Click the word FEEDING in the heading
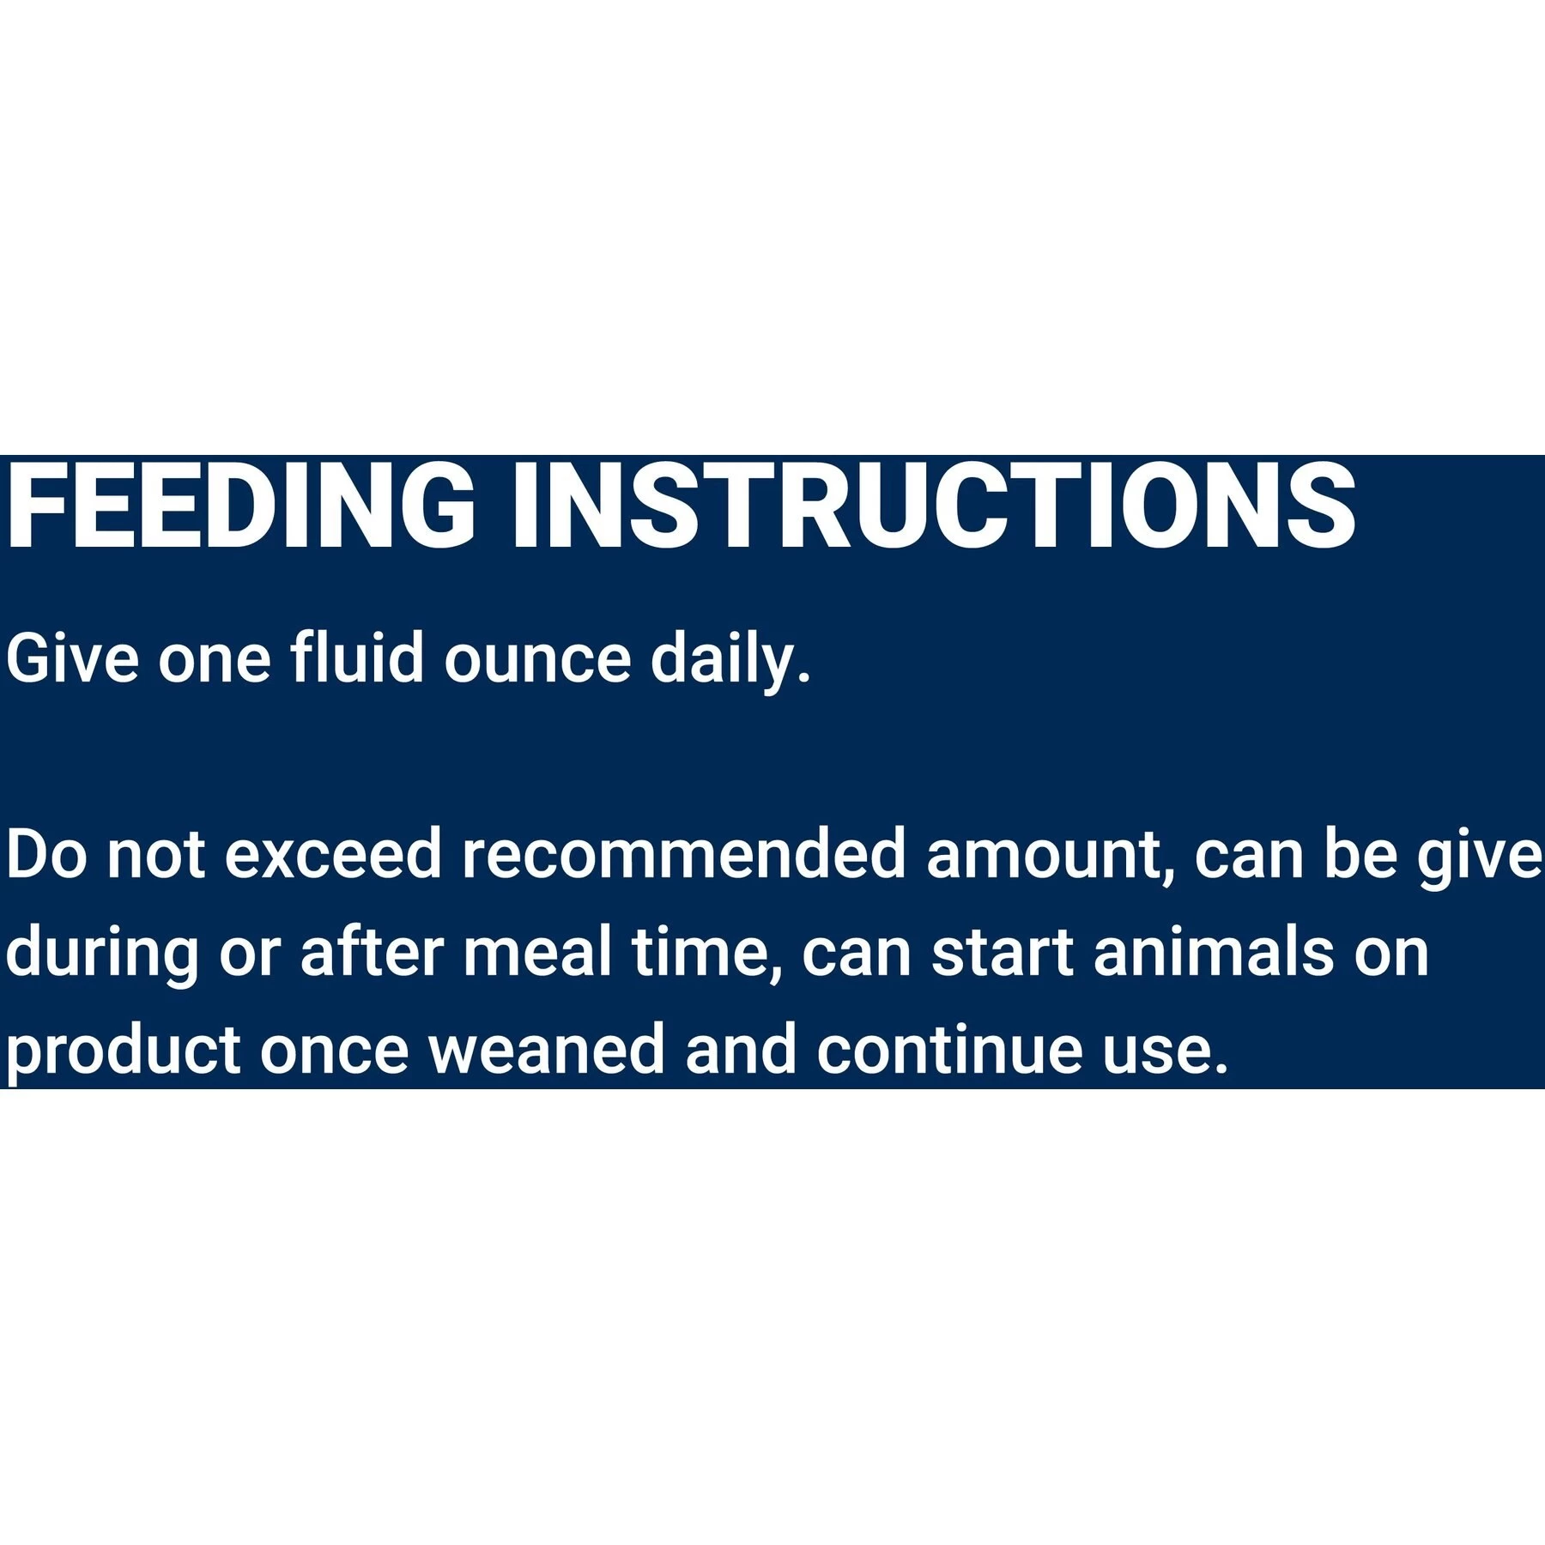[240, 506]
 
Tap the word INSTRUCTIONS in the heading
[934, 506]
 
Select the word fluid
[357, 658]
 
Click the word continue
[949, 1051]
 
